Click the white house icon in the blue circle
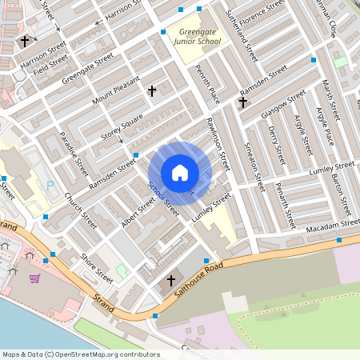(180, 173)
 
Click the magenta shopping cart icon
(34, 278)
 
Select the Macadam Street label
(329, 229)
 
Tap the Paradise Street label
(74, 154)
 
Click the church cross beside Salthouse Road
(170, 282)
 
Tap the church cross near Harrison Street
(25, 40)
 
